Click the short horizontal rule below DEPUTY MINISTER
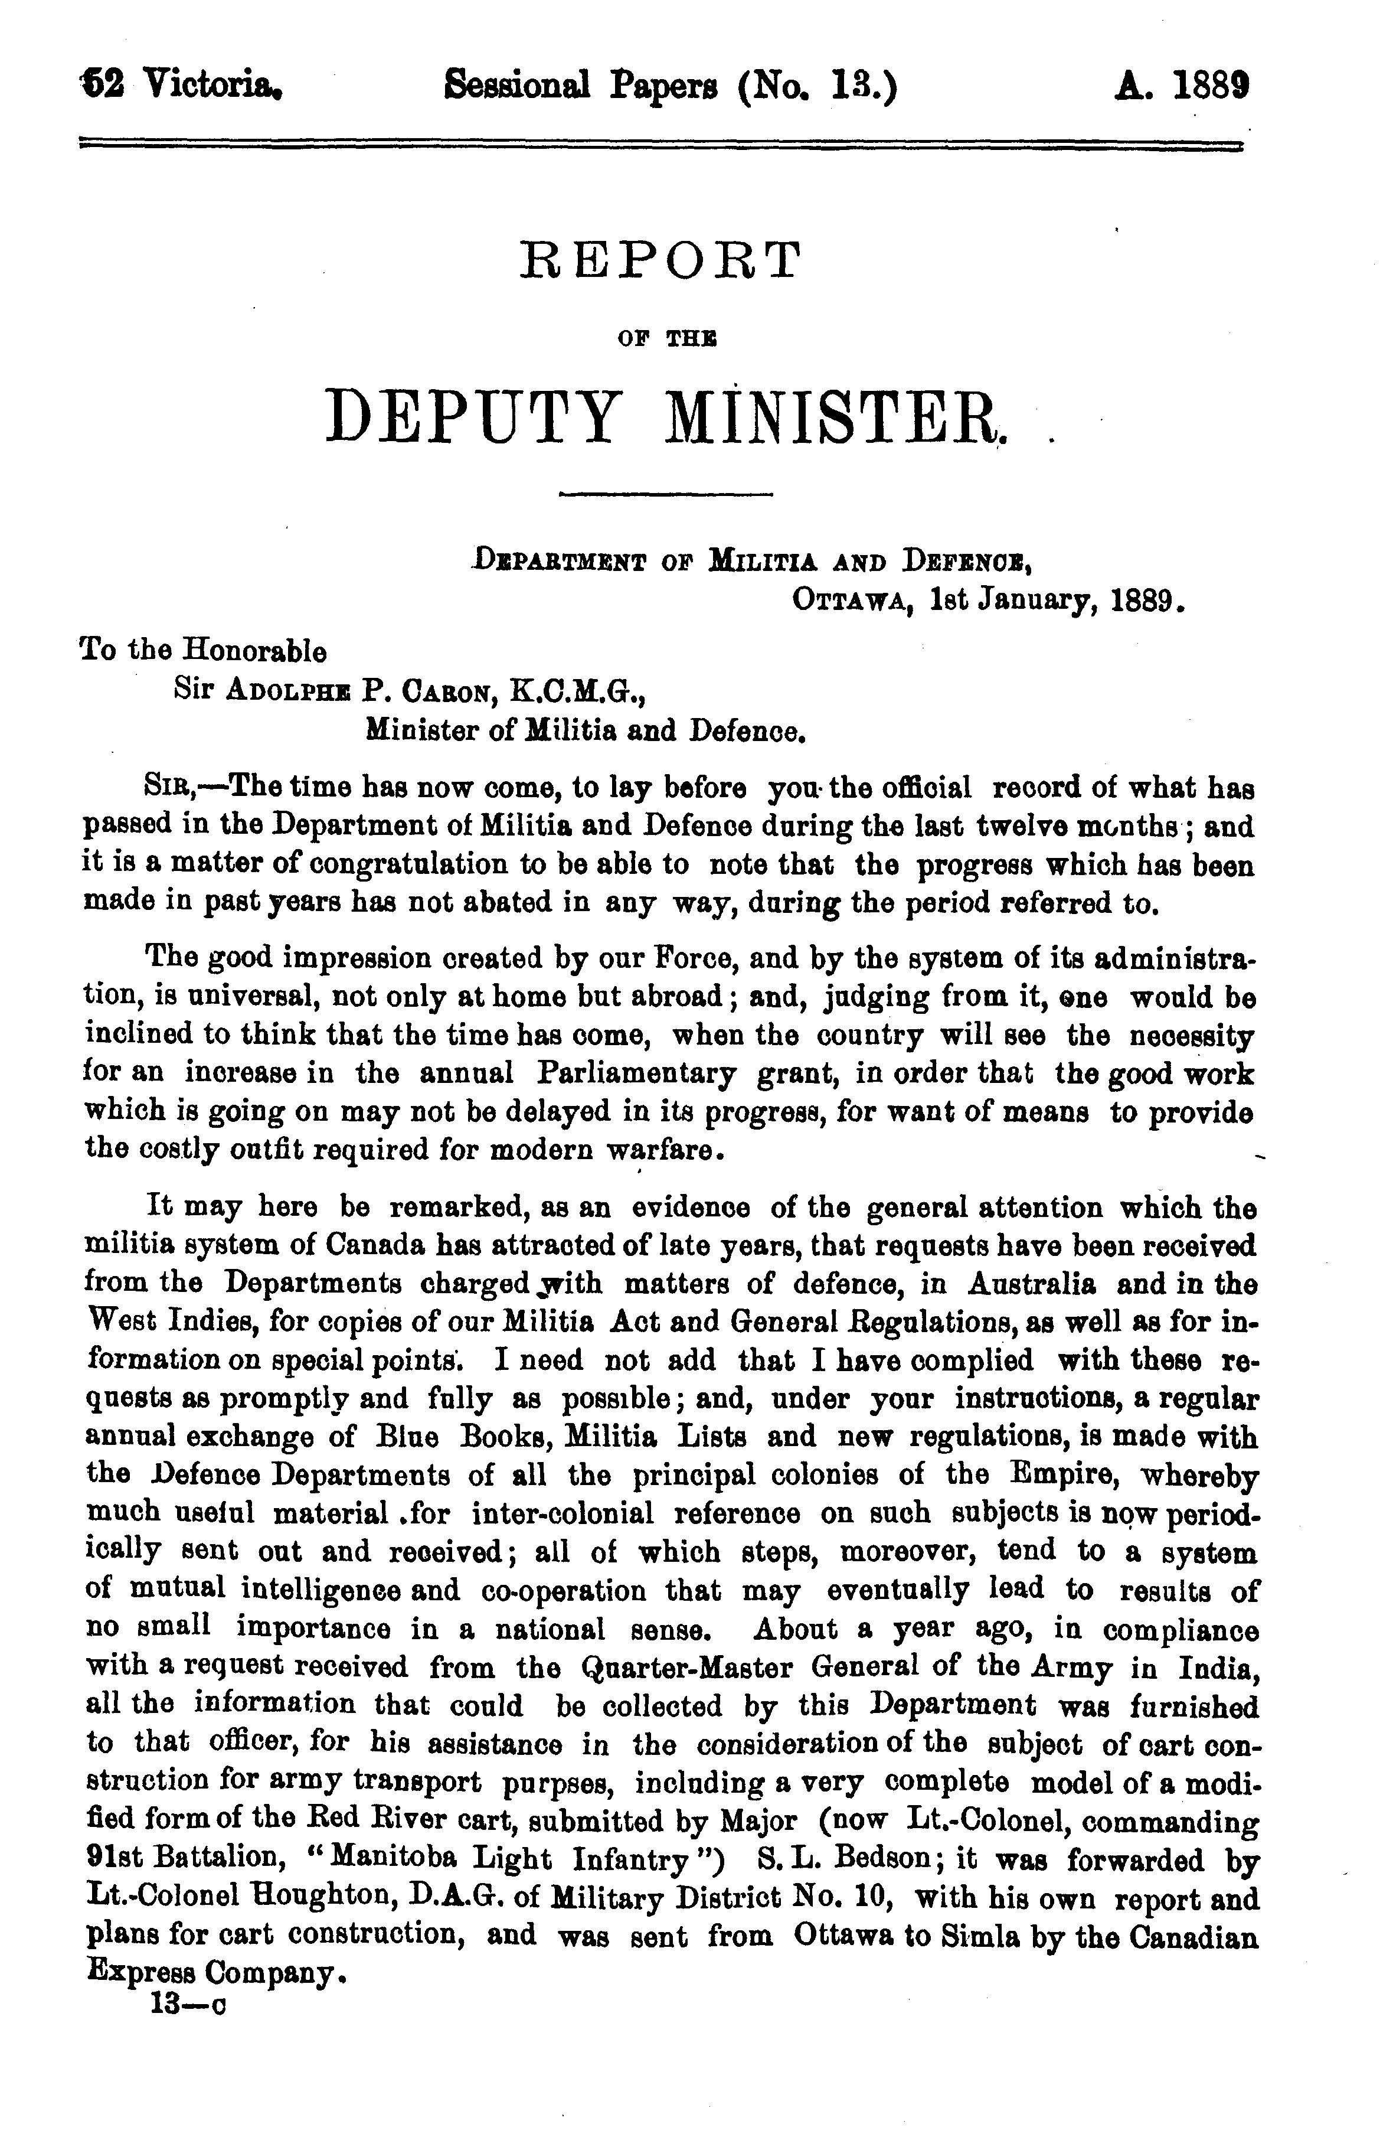665,494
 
